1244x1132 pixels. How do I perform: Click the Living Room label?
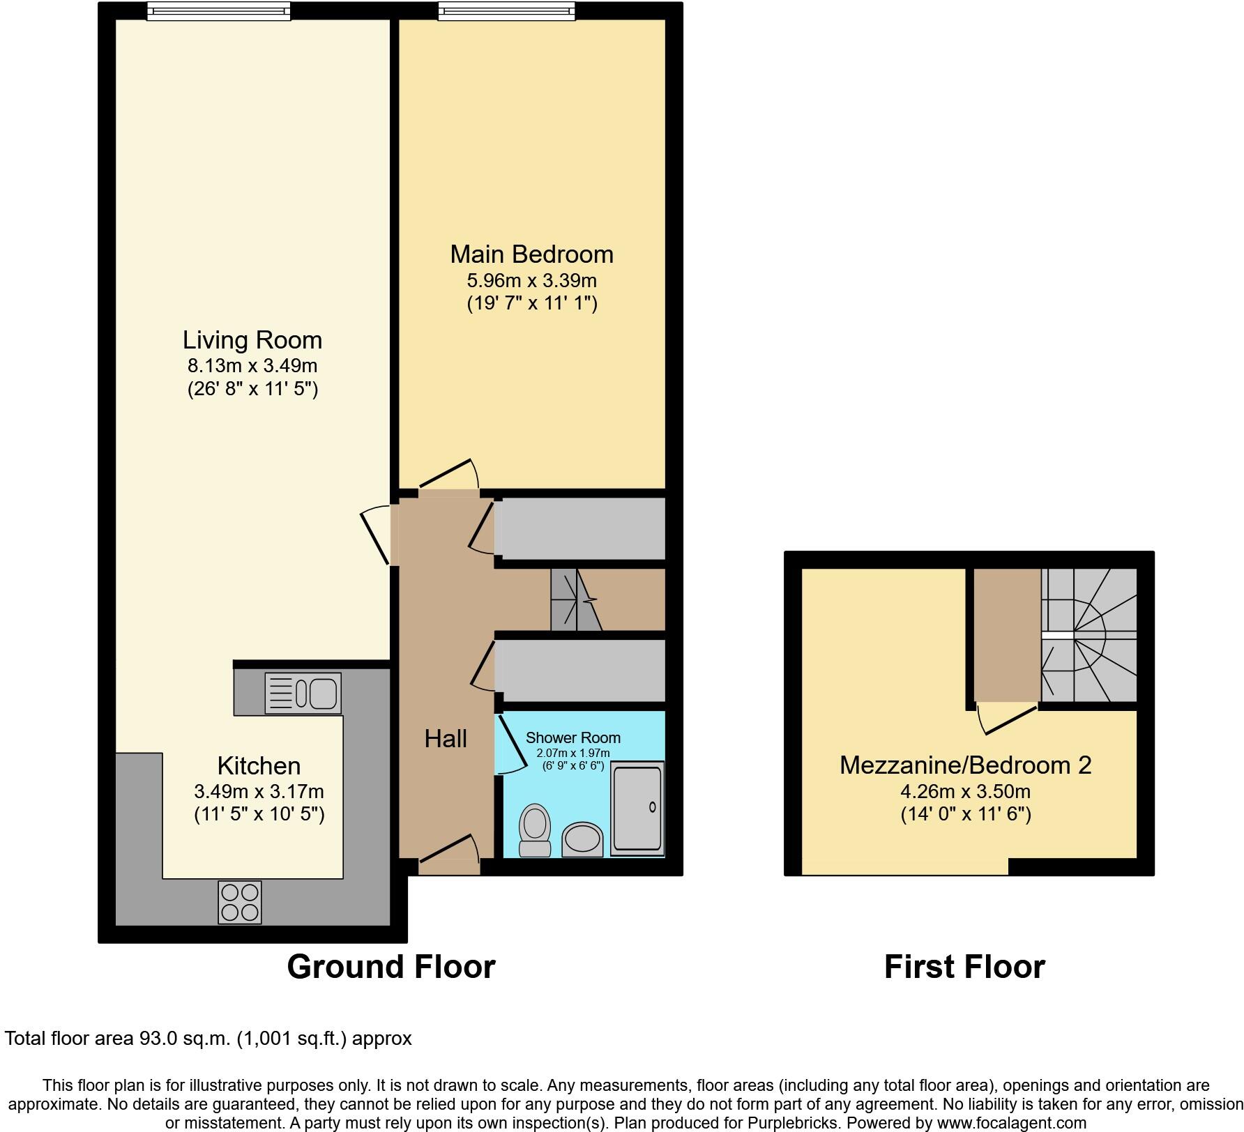click(x=252, y=340)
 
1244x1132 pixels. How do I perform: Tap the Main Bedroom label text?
click(x=531, y=254)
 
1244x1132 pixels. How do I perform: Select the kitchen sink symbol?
click(x=303, y=693)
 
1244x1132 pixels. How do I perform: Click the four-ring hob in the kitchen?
click(x=240, y=902)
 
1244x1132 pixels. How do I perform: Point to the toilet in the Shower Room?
click(x=535, y=829)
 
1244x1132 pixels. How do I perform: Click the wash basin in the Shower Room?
click(x=582, y=839)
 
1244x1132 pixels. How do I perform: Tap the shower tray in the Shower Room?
click(x=637, y=808)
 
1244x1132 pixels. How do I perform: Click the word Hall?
click(x=446, y=739)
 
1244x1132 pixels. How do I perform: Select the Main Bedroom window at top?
click(x=507, y=10)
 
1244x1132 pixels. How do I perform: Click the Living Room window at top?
click(x=218, y=10)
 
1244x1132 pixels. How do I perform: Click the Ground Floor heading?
click(x=391, y=967)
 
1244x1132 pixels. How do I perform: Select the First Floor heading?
click(x=964, y=967)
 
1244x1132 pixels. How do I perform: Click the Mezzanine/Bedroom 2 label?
click(x=965, y=765)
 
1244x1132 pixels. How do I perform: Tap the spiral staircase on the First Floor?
click(x=1088, y=635)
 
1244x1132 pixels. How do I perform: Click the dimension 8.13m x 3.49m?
click(x=252, y=365)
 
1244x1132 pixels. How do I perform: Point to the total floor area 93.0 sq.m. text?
click(x=208, y=1039)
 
